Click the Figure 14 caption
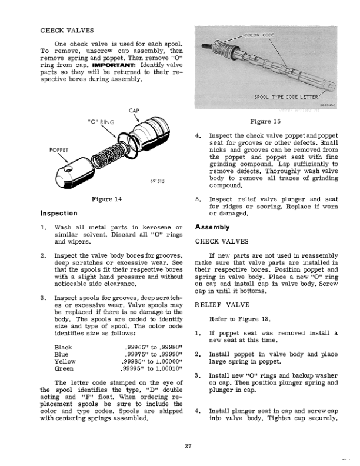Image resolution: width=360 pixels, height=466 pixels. tap(106, 200)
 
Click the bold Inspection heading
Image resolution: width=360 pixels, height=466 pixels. tap(59, 213)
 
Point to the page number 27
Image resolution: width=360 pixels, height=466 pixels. tap(187, 445)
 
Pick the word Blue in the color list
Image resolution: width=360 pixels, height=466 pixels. tap(62, 355)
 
